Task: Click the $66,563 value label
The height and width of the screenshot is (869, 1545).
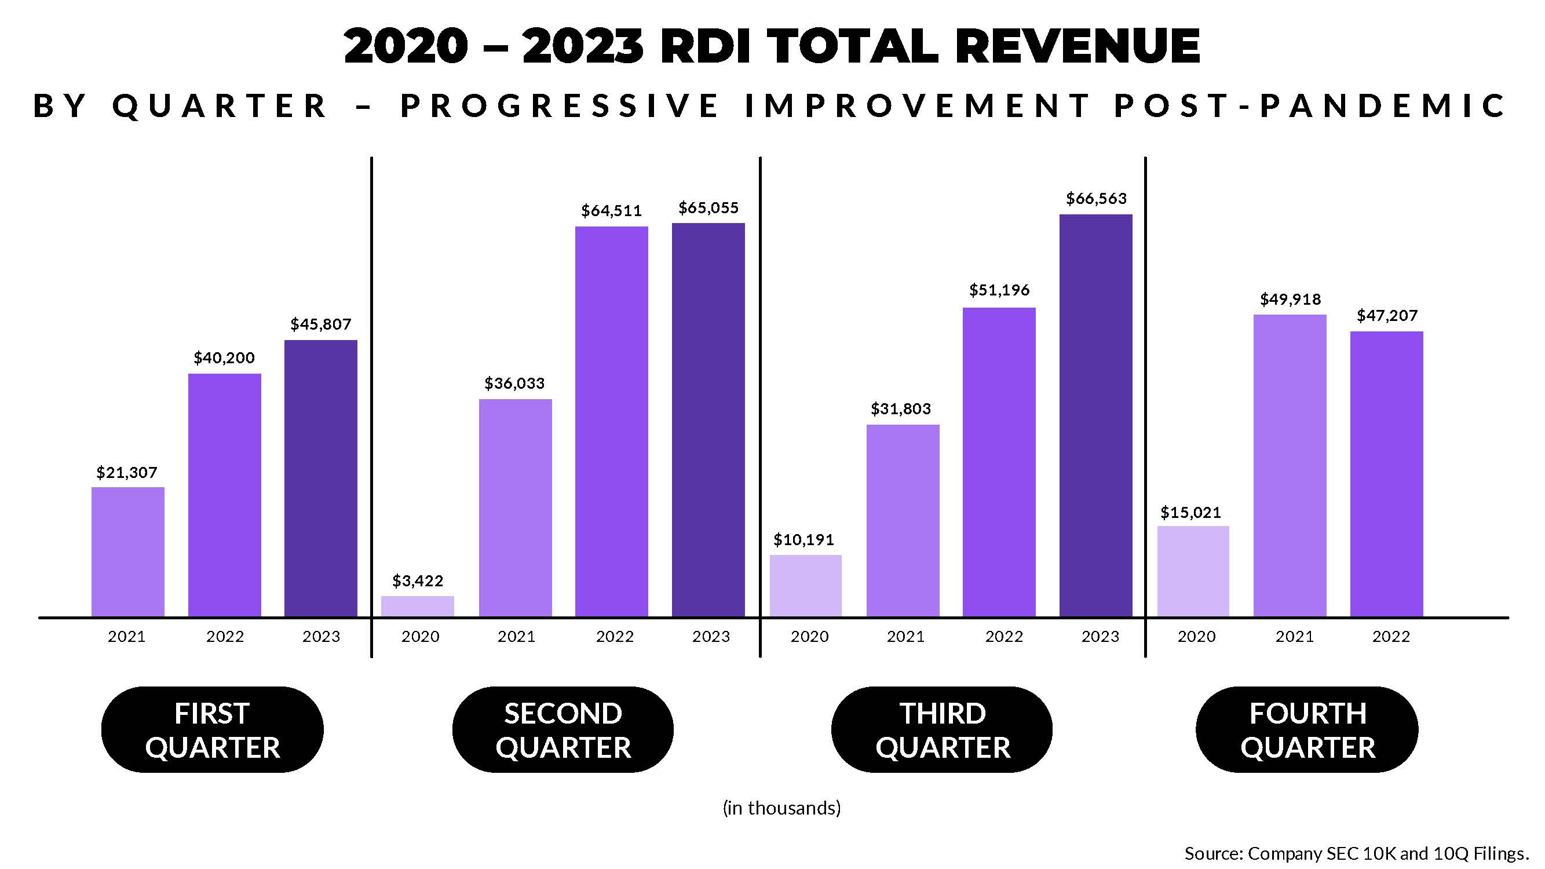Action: [x=1096, y=199]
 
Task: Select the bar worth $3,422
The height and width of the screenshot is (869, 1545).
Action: [x=418, y=606]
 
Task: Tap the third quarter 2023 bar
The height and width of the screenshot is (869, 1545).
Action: [x=1096, y=415]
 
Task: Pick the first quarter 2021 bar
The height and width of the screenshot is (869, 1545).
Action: [x=128, y=552]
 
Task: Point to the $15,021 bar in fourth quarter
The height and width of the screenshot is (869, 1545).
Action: [x=1193, y=571]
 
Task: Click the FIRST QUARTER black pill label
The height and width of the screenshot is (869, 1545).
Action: [x=213, y=730]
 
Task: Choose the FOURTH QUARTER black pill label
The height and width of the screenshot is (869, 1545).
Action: [x=1307, y=730]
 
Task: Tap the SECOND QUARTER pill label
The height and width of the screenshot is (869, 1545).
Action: [x=563, y=730]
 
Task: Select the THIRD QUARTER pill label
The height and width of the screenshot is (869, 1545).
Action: [x=942, y=730]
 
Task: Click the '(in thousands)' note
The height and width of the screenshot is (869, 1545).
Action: [x=781, y=808]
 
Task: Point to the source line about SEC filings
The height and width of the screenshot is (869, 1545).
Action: [x=1356, y=853]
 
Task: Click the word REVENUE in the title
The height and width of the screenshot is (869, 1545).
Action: [x=1077, y=46]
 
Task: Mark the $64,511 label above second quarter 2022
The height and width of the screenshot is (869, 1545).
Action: [x=611, y=210]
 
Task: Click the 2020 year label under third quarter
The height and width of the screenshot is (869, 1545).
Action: [x=809, y=636]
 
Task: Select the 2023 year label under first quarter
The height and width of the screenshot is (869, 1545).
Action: [x=321, y=636]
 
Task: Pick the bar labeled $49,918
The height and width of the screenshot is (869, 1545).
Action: [x=1290, y=465]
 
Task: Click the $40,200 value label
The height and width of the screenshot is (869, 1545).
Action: [x=224, y=358]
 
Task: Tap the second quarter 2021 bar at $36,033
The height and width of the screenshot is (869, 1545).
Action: [x=515, y=508]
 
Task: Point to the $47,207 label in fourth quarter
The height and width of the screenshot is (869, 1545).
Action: [x=1387, y=316]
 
